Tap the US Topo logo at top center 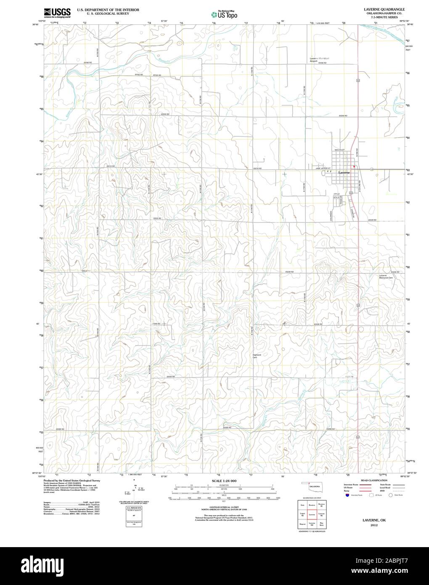224,14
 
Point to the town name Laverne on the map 344,173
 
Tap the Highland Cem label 257,356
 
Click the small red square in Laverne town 354,166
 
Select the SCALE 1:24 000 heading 224,481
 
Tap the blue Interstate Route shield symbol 346,495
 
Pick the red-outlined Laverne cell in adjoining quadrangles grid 312,514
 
